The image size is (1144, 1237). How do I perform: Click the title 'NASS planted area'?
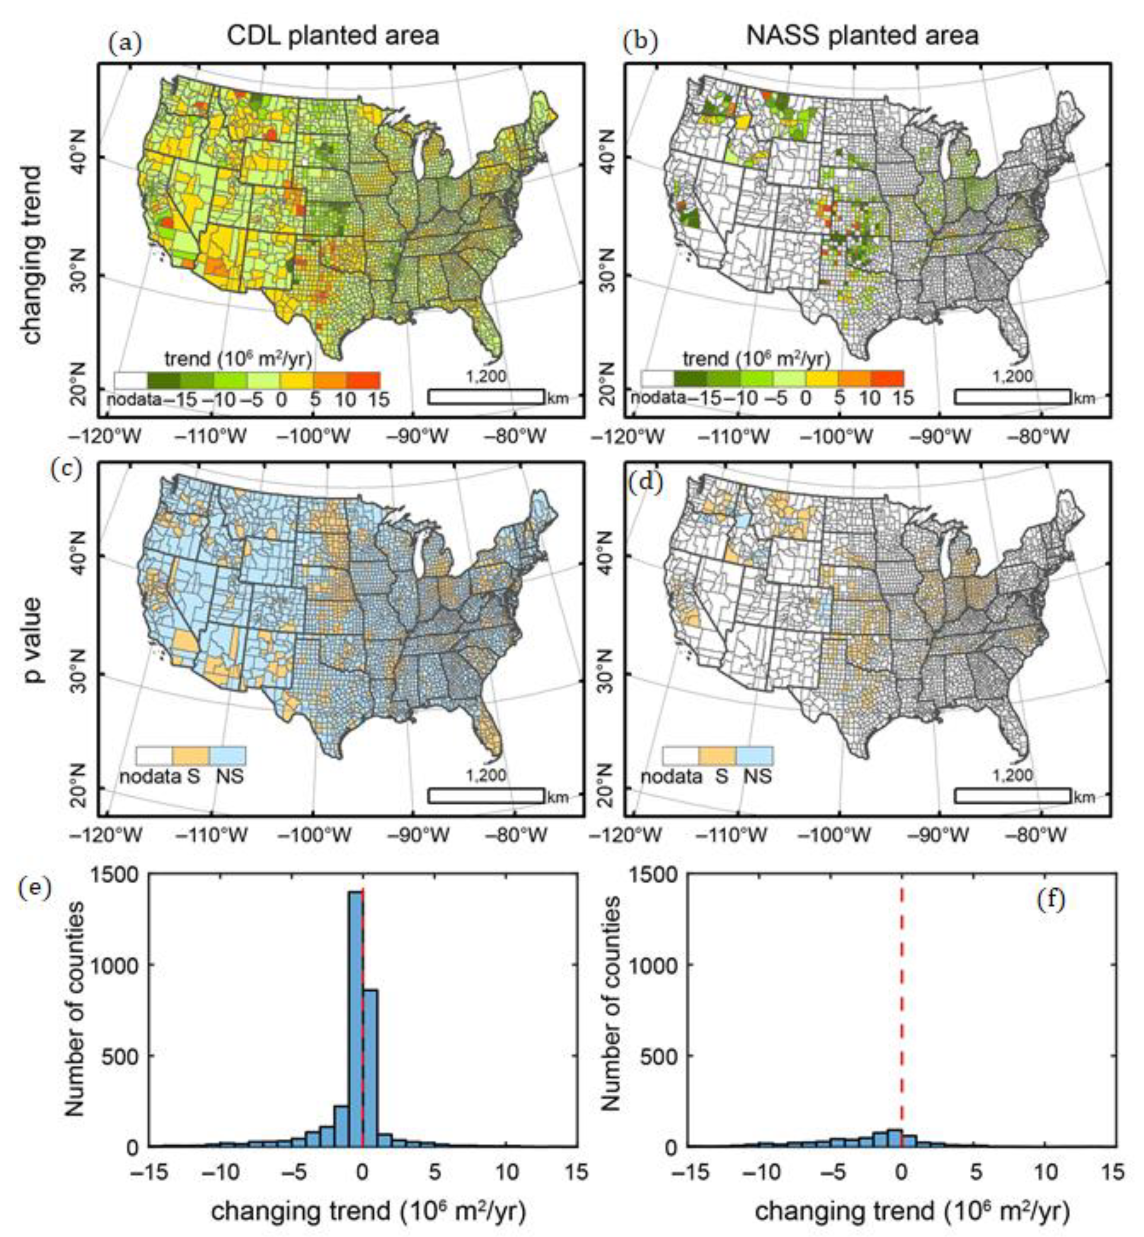tap(862, 35)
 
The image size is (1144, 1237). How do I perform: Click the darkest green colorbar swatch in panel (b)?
tap(690, 378)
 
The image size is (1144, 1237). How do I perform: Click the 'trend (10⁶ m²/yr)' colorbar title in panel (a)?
tap(238, 358)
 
